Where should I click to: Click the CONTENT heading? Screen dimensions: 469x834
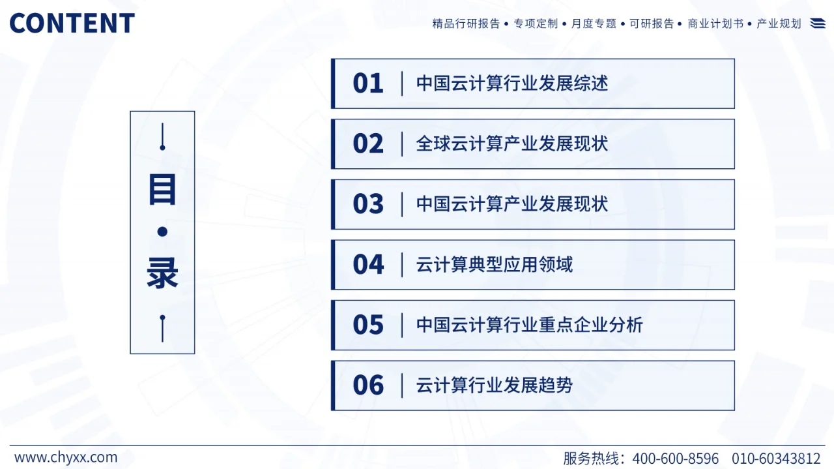click(72, 23)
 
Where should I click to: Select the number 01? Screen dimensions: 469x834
click(368, 83)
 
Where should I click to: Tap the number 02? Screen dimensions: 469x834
click(368, 144)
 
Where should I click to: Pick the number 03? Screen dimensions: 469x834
click(368, 204)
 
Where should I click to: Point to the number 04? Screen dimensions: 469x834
click(368, 265)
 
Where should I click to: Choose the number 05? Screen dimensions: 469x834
click(368, 325)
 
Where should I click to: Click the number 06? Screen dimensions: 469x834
click(368, 386)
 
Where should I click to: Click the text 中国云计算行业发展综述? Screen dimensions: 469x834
click(512, 83)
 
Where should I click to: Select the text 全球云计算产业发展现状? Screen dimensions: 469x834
click(512, 144)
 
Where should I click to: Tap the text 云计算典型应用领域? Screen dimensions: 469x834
click(495, 265)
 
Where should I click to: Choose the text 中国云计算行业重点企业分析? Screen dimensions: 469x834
click(530, 325)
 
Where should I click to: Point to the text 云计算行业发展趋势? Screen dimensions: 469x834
click(495, 386)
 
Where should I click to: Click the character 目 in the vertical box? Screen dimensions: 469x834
click(162, 189)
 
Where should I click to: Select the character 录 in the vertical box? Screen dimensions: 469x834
click(162, 273)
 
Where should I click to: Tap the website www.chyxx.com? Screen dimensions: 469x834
click(66, 457)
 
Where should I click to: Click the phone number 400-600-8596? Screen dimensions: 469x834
click(676, 458)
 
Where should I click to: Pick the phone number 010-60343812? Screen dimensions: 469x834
click(776, 458)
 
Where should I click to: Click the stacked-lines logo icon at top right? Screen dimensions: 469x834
click(818, 23)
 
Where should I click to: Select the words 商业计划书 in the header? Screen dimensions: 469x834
click(715, 23)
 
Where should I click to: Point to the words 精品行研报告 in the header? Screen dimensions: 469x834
click(466, 23)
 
